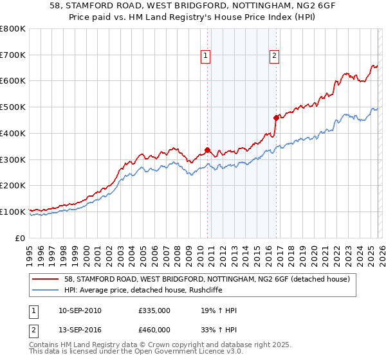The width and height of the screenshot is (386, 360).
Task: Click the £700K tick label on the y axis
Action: (13, 55)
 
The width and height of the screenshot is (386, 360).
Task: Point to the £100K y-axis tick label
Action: (13, 212)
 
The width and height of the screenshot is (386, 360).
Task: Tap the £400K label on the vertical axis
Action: (13, 134)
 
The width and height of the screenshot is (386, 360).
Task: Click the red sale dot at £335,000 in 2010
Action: (207, 150)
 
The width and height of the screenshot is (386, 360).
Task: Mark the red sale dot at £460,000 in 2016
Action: (276, 118)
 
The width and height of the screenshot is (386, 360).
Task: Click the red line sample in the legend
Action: (46, 279)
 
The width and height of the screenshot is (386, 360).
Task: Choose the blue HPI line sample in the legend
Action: (46, 290)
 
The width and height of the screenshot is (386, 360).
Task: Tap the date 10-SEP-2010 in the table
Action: (80, 310)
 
